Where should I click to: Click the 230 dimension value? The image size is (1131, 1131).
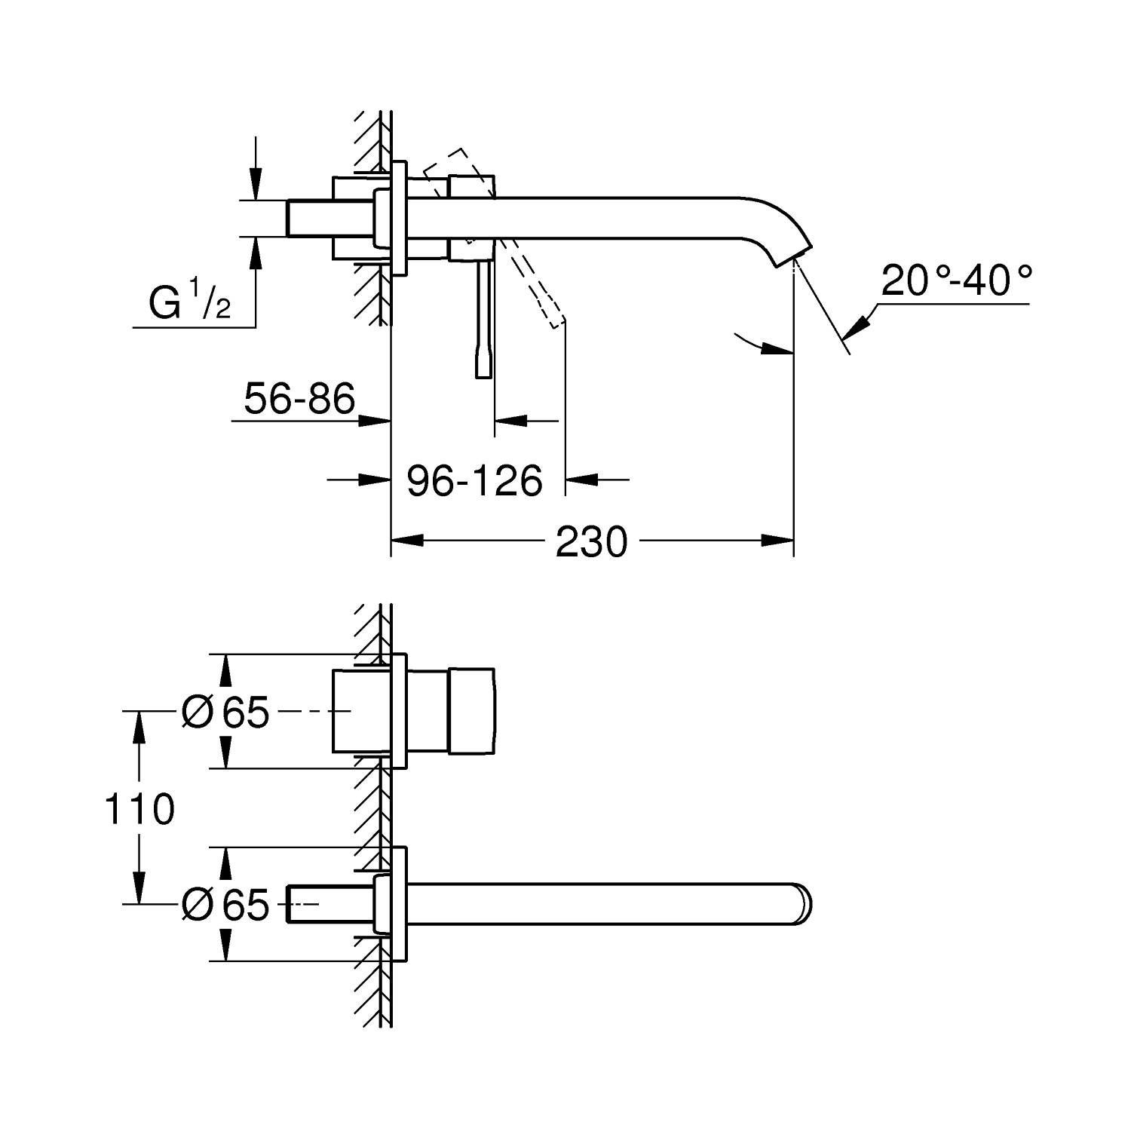click(591, 541)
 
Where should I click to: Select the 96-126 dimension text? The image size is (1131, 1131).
click(474, 480)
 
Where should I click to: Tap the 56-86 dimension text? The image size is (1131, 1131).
click(299, 398)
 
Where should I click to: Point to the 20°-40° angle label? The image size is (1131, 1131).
click(955, 281)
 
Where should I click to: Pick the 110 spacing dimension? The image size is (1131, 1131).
click(139, 810)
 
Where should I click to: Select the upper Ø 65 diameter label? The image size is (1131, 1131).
click(225, 711)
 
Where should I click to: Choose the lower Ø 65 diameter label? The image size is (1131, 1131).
click(225, 904)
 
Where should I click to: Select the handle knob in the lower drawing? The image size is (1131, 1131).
click(472, 710)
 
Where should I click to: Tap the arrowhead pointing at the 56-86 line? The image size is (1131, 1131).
click(374, 421)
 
